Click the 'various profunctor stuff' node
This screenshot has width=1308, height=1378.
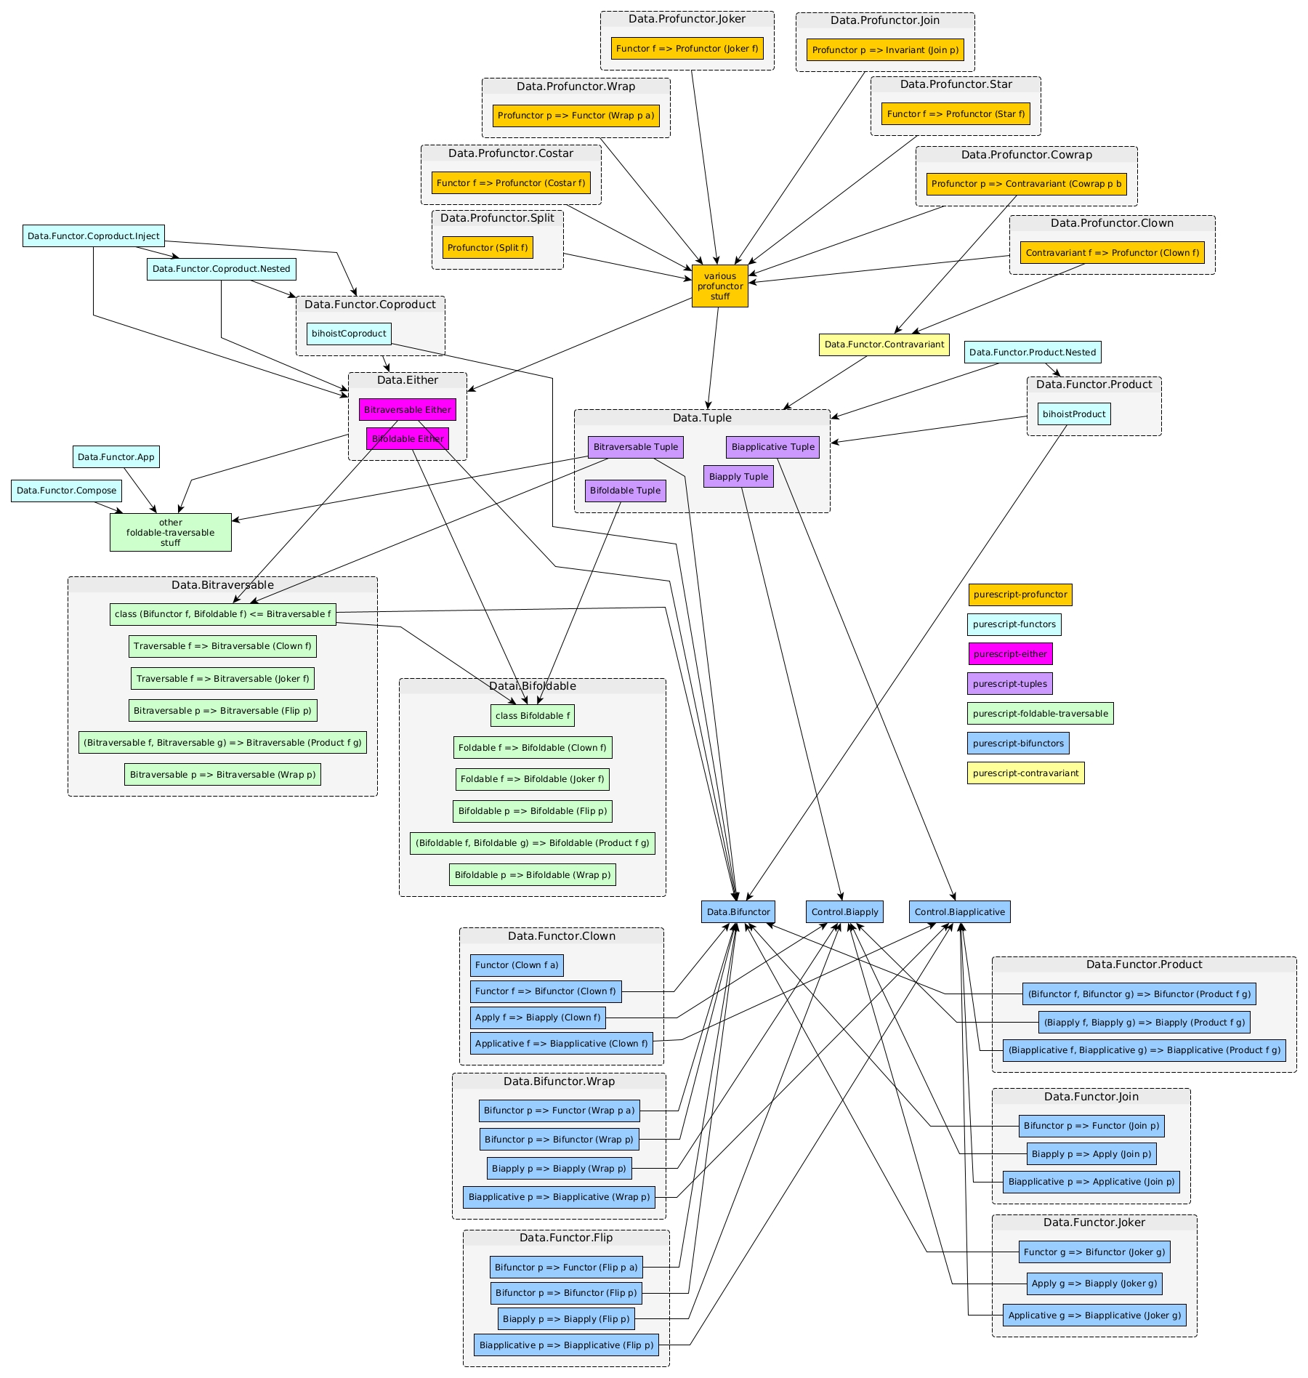[719, 286]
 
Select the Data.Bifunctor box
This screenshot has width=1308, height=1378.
[738, 912]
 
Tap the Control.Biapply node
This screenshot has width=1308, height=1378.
[844, 912]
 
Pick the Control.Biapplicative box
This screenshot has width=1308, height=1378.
[959, 912]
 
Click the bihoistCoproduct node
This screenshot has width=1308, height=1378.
[349, 334]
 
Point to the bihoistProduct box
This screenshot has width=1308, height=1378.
[1073, 414]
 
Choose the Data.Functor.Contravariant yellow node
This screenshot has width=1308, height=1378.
[884, 344]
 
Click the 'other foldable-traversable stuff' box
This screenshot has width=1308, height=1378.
[170, 533]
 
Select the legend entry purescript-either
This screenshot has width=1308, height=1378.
[1009, 654]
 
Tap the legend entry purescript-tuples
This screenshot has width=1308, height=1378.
[1009, 684]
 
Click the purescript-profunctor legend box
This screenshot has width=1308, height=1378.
[1020, 595]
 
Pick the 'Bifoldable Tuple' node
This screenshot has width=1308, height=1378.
[625, 491]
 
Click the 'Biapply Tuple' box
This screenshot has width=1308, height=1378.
[738, 477]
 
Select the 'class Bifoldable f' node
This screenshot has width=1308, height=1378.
[532, 716]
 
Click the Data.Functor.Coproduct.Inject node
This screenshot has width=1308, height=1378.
[93, 236]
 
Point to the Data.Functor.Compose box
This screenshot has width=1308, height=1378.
[66, 491]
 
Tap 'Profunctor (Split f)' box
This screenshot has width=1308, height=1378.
[487, 248]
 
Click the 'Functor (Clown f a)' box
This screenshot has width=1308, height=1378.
[516, 965]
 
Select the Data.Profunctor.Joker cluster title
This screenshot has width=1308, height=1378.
[687, 19]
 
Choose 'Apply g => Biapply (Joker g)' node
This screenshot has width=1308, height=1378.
[1094, 1284]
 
